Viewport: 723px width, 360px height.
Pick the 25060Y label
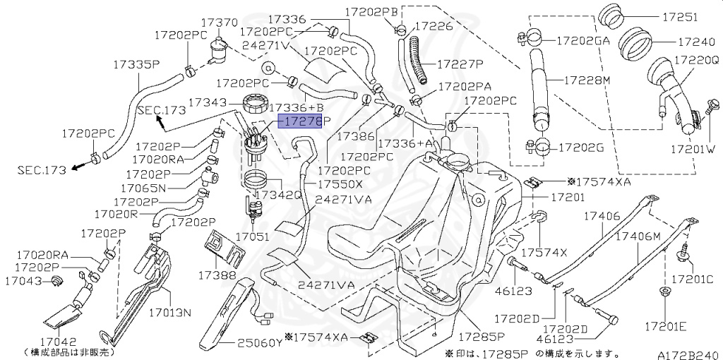coord(259,344)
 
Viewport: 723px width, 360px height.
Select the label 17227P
coord(459,64)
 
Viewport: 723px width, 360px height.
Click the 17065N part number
coord(143,188)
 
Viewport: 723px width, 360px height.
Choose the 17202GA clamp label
coord(583,41)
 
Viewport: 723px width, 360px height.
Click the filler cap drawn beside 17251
coord(612,17)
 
